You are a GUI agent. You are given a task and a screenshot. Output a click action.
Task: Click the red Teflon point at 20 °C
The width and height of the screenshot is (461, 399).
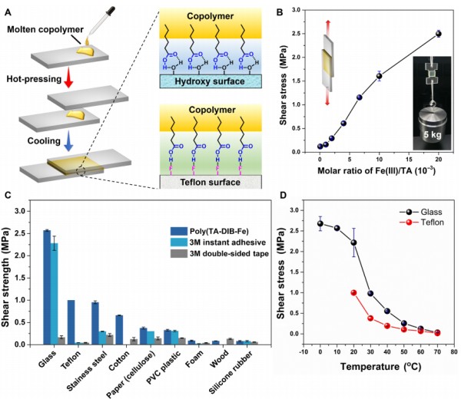(x=353, y=292)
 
